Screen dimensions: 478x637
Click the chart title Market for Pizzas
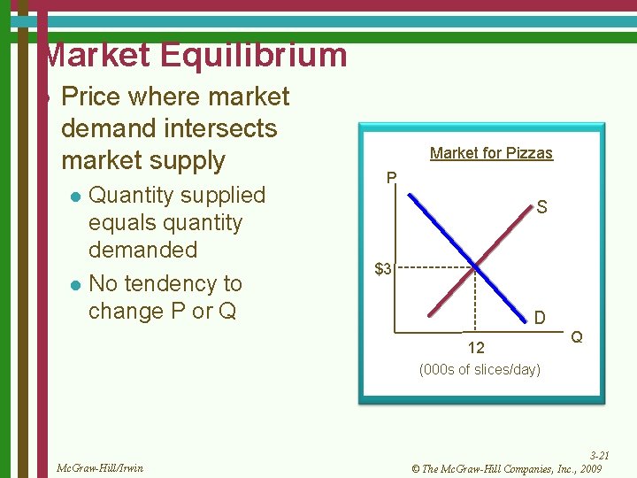(491, 153)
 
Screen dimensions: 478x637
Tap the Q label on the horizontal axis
(576, 336)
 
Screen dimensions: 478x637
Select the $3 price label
(383, 268)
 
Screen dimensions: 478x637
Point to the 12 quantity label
(476, 348)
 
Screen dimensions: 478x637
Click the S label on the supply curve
(541, 208)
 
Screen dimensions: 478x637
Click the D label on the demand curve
(539, 317)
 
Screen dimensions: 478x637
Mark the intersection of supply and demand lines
(475, 267)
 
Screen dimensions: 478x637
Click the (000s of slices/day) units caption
(479, 369)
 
